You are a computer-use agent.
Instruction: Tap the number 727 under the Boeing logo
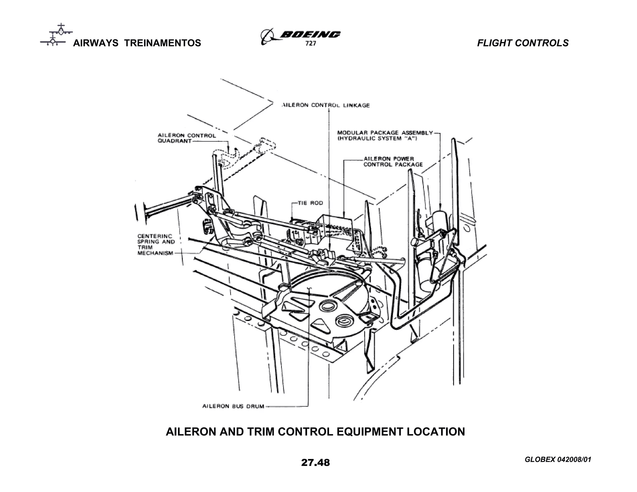(311, 44)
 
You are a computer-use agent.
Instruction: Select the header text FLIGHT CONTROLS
(523, 43)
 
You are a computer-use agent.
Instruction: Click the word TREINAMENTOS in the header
(162, 43)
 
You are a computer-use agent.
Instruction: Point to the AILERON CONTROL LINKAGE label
(325, 105)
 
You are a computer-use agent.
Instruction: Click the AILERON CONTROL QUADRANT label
(186, 138)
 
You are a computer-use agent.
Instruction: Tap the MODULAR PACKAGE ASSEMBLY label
(385, 136)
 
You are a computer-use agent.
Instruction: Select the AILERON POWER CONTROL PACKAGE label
(393, 161)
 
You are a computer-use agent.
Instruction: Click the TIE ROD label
(310, 203)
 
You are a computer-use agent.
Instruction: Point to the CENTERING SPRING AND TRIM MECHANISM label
(156, 244)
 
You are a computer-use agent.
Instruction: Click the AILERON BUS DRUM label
(233, 406)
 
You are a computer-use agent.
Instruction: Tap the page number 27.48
(315, 462)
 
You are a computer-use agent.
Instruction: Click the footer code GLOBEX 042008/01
(558, 459)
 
